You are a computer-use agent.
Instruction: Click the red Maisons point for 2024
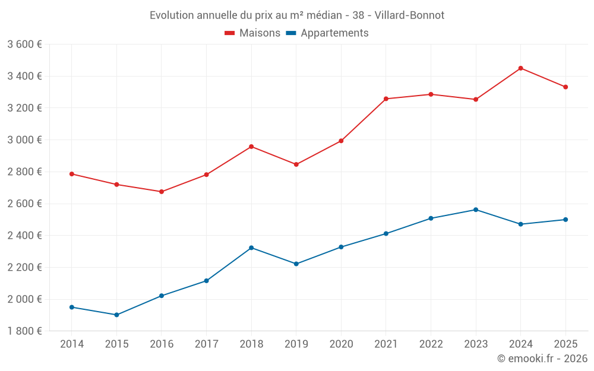(x=520, y=68)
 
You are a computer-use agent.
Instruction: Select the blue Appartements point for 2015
(x=116, y=315)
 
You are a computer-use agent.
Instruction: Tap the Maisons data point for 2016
(x=162, y=192)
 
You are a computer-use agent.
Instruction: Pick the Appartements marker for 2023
(x=476, y=210)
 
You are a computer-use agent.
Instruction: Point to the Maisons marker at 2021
(x=386, y=99)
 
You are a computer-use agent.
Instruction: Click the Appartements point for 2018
(x=251, y=248)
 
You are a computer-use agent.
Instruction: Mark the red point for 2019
(x=296, y=164)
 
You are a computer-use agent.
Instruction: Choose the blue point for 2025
(x=565, y=220)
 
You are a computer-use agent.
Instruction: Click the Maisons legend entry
(x=252, y=33)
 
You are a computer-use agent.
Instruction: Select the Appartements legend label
(x=334, y=33)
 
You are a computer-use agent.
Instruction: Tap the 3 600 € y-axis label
(x=24, y=45)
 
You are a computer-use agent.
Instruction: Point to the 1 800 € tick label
(x=24, y=331)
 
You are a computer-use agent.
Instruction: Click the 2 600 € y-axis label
(x=24, y=204)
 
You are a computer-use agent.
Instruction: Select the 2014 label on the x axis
(x=72, y=344)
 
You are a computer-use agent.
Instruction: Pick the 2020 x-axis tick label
(x=342, y=344)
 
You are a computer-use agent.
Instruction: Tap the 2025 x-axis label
(x=565, y=344)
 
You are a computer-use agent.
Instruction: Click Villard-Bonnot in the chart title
(x=409, y=15)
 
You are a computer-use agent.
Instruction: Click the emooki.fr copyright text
(x=542, y=359)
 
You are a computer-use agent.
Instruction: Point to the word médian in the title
(x=324, y=15)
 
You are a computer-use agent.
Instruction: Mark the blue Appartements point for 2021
(x=386, y=234)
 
